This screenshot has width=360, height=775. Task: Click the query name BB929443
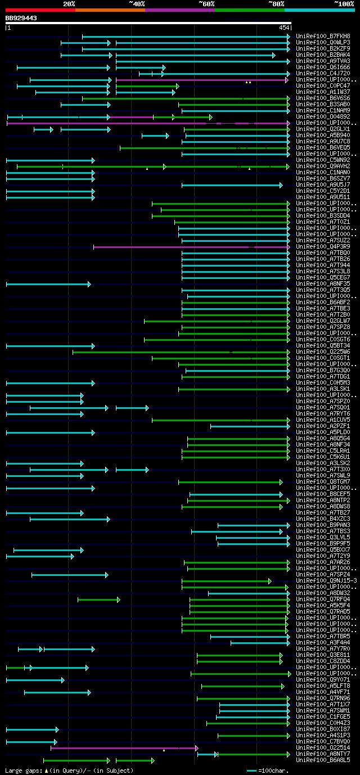click(21, 18)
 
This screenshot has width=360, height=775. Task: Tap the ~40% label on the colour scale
click(137, 3)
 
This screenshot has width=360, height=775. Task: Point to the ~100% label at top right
click(344, 3)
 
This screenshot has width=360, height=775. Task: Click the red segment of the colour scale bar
click(40, 10)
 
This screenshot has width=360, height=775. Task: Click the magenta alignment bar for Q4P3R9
click(169, 246)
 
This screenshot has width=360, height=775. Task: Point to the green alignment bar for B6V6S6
click(186, 98)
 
